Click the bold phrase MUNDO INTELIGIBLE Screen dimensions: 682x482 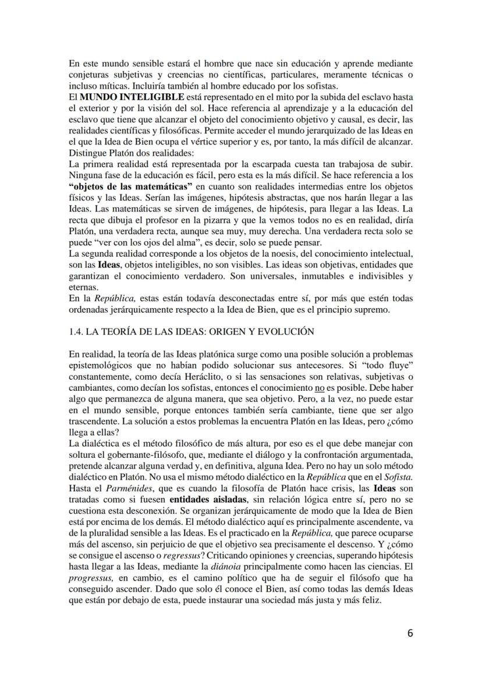click(118, 96)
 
